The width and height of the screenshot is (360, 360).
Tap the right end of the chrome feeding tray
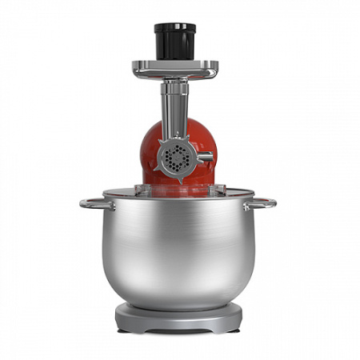click(214, 70)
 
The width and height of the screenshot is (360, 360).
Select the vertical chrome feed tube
click(173, 112)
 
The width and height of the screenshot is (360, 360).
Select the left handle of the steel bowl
click(90, 202)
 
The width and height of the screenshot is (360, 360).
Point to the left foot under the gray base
click(126, 329)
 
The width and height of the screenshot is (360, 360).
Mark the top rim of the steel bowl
click(178, 196)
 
